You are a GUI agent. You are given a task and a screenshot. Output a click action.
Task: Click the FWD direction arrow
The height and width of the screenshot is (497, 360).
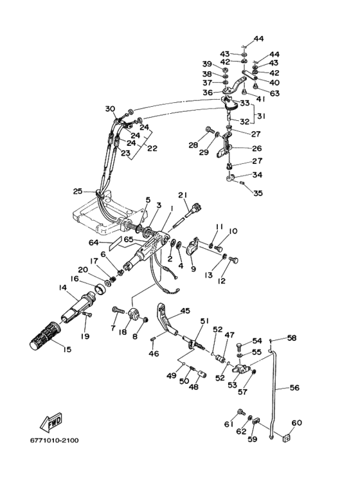tap(51, 423)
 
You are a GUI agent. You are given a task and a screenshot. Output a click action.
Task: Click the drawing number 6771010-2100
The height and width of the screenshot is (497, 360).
tap(55, 440)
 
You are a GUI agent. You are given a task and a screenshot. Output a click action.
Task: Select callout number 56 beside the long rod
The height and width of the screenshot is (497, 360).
tap(294, 388)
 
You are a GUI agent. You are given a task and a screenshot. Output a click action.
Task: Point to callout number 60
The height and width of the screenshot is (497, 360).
tap(296, 422)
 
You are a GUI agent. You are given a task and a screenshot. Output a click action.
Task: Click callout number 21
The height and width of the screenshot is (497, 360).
tap(183, 195)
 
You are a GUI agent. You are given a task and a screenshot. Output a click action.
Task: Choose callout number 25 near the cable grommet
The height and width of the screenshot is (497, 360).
tap(78, 191)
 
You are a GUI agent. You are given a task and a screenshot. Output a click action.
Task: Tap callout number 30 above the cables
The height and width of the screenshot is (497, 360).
tap(110, 109)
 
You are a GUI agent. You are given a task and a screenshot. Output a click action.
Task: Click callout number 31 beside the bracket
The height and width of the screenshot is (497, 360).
tap(261, 116)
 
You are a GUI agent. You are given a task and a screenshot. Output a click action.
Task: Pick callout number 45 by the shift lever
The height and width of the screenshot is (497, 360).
tap(185, 311)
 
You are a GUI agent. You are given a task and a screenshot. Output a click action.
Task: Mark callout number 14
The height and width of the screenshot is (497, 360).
tap(63, 287)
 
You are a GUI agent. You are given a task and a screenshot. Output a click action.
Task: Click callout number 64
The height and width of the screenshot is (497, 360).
tap(94, 243)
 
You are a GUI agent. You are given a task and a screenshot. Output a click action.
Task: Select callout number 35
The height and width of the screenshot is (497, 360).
tap(258, 193)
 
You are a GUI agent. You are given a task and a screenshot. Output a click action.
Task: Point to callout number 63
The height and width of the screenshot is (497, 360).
tap(274, 93)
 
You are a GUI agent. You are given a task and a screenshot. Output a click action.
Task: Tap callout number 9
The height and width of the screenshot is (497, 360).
tap(194, 269)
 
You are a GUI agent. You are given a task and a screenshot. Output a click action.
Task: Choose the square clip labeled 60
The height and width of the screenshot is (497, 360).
tap(287, 438)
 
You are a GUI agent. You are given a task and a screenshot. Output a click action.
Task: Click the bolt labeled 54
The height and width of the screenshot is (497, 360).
tap(240, 346)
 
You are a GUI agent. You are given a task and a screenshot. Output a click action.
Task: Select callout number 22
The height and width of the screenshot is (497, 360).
tap(152, 148)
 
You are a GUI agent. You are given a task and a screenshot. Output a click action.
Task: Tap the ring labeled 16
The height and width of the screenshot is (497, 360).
tap(100, 289)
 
